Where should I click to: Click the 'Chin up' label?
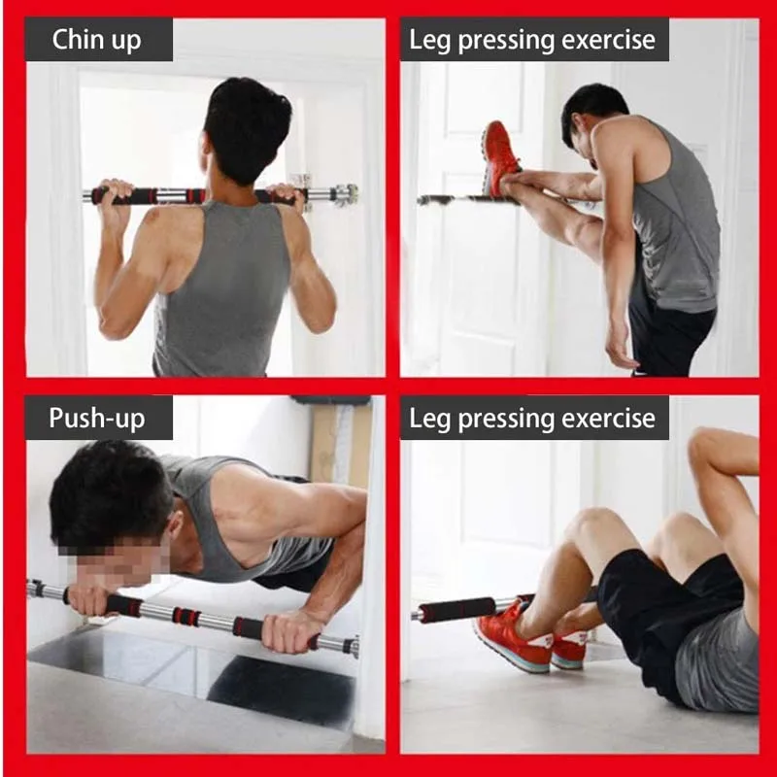click(97, 40)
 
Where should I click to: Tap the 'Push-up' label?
click(97, 418)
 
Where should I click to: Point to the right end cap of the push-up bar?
click(354, 647)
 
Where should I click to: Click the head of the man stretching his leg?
click(589, 112)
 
